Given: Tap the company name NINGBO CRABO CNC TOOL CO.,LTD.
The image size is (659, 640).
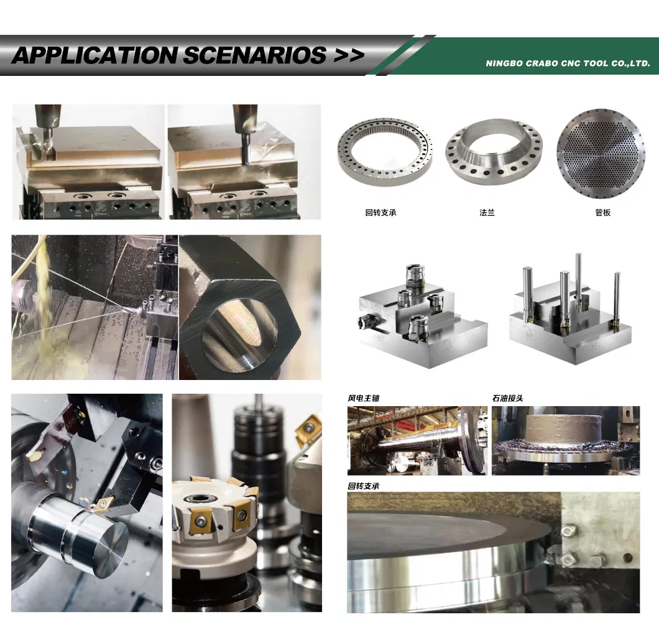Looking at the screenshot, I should (x=568, y=63).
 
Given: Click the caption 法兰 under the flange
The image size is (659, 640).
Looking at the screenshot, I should (x=487, y=213).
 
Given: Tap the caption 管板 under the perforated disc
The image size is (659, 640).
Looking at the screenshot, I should (x=602, y=213).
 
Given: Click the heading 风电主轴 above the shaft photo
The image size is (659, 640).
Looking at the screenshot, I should (x=363, y=398).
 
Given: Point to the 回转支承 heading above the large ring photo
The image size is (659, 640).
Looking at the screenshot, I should (x=363, y=486).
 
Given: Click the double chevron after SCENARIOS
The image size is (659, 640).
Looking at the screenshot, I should (x=348, y=55).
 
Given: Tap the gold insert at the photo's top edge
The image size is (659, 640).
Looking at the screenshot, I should (x=307, y=429).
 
